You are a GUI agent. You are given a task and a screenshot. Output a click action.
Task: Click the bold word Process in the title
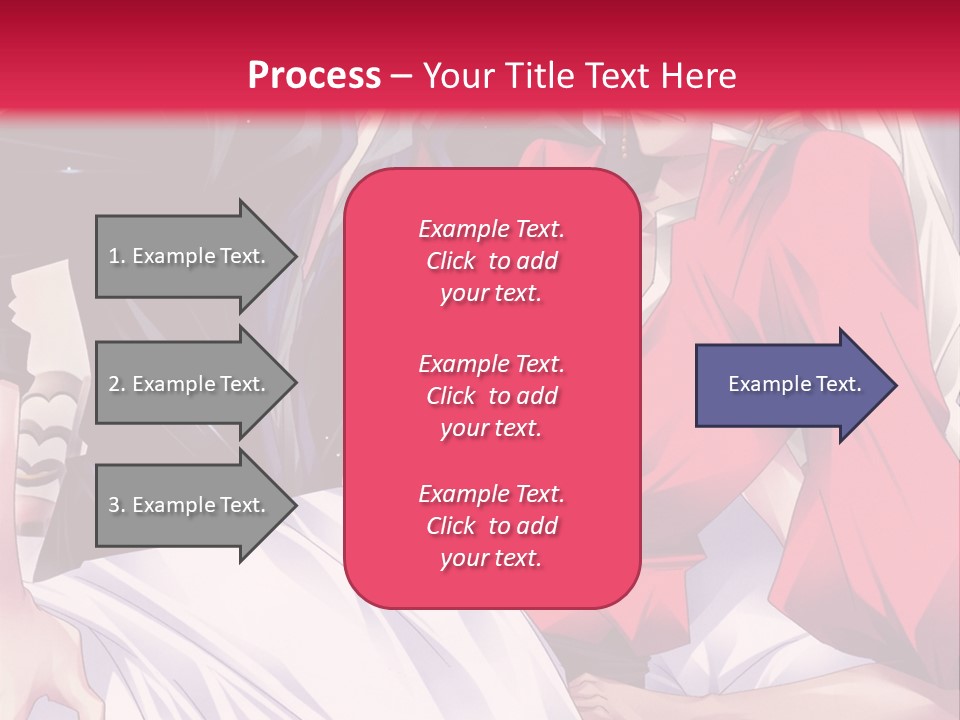point(314,76)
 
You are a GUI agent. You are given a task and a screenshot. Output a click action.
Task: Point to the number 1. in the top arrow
point(117,256)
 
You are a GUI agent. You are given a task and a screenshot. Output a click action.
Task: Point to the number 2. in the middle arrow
point(117,384)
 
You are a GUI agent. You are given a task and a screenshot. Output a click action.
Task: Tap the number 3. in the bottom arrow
point(117,505)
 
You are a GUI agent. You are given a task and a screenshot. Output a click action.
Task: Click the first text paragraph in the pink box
point(491,261)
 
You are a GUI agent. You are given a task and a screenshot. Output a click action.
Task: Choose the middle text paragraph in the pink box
point(491,396)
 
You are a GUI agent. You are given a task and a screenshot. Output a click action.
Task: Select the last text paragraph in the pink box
point(491,526)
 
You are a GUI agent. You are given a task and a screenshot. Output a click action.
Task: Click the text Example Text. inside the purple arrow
point(795,384)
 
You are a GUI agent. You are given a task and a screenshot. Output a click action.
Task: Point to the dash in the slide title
point(401,77)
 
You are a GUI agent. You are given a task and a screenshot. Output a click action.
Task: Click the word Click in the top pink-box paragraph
point(451,261)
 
